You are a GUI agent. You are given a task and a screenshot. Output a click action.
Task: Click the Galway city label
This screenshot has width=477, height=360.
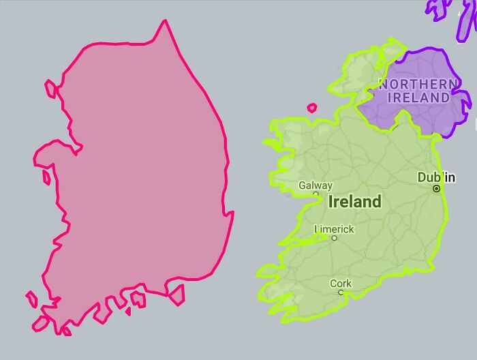coord(316,185)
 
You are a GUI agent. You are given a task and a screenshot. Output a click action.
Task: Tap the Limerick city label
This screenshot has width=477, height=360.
coord(334,229)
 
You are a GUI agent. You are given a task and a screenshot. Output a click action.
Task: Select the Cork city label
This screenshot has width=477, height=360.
coord(341,283)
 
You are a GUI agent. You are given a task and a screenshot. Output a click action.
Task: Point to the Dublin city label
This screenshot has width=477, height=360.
coord(436,177)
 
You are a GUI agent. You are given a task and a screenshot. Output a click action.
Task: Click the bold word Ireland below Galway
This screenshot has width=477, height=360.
coord(354,202)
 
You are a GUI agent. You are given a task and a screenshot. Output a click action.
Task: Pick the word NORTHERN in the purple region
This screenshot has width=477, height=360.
coord(418,84)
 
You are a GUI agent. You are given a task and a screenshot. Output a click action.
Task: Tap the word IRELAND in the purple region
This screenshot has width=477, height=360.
coord(418,97)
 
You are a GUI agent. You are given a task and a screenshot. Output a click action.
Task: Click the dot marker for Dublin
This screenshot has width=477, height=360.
coord(437,189)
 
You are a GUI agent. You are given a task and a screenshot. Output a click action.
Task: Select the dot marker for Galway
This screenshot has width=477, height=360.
coord(316,194)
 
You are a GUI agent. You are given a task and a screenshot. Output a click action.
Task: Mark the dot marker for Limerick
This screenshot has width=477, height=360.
coord(334,238)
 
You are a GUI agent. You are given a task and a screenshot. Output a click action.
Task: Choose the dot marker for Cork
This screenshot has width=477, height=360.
coord(341,292)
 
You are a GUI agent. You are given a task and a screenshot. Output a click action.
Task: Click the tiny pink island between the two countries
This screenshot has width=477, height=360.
coord(312,107)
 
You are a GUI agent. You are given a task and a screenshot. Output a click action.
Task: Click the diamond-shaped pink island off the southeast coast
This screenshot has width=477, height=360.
coord(176,295)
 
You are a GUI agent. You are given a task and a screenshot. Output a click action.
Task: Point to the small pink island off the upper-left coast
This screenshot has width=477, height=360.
coord(50,89)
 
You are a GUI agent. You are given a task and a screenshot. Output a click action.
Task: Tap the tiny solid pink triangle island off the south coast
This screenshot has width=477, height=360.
coord(127,312)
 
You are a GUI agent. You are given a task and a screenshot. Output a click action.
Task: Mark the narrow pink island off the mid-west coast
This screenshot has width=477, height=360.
coord(46,177)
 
